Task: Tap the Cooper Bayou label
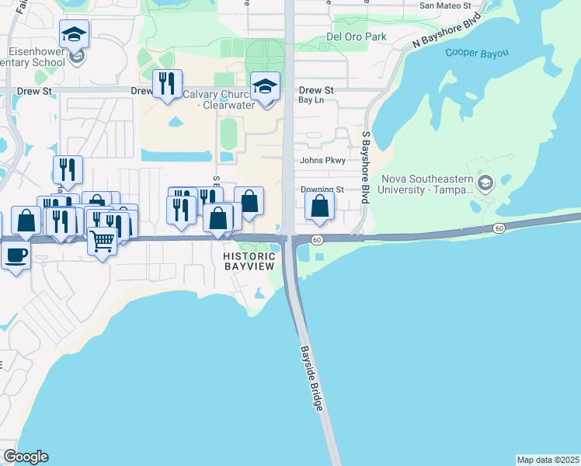(x=477, y=53)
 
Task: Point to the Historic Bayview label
(x=249, y=262)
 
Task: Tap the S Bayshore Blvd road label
(x=365, y=167)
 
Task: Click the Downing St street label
(x=322, y=189)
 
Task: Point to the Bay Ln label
(x=310, y=100)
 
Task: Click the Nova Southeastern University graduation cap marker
(x=486, y=183)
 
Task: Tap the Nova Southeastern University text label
(x=426, y=184)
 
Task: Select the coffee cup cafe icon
(x=16, y=254)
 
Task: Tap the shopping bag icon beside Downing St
(x=319, y=207)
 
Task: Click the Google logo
(x=26, y=457)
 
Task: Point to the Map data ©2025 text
(x=548, y=460)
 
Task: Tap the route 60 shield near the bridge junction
(x=317, y=240)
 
